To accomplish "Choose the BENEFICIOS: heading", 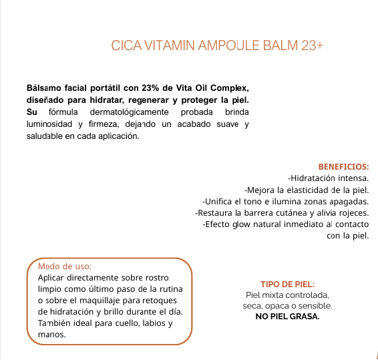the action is [343, 166].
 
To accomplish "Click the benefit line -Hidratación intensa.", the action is [328, 178].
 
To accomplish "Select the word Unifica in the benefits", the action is [220, 201].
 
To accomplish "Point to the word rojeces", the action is [354, 212].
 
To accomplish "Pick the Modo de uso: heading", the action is [65, 266].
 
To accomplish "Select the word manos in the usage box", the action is [51, 335].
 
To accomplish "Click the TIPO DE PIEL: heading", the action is [287, 284].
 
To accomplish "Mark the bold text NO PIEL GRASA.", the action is [287, 317].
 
